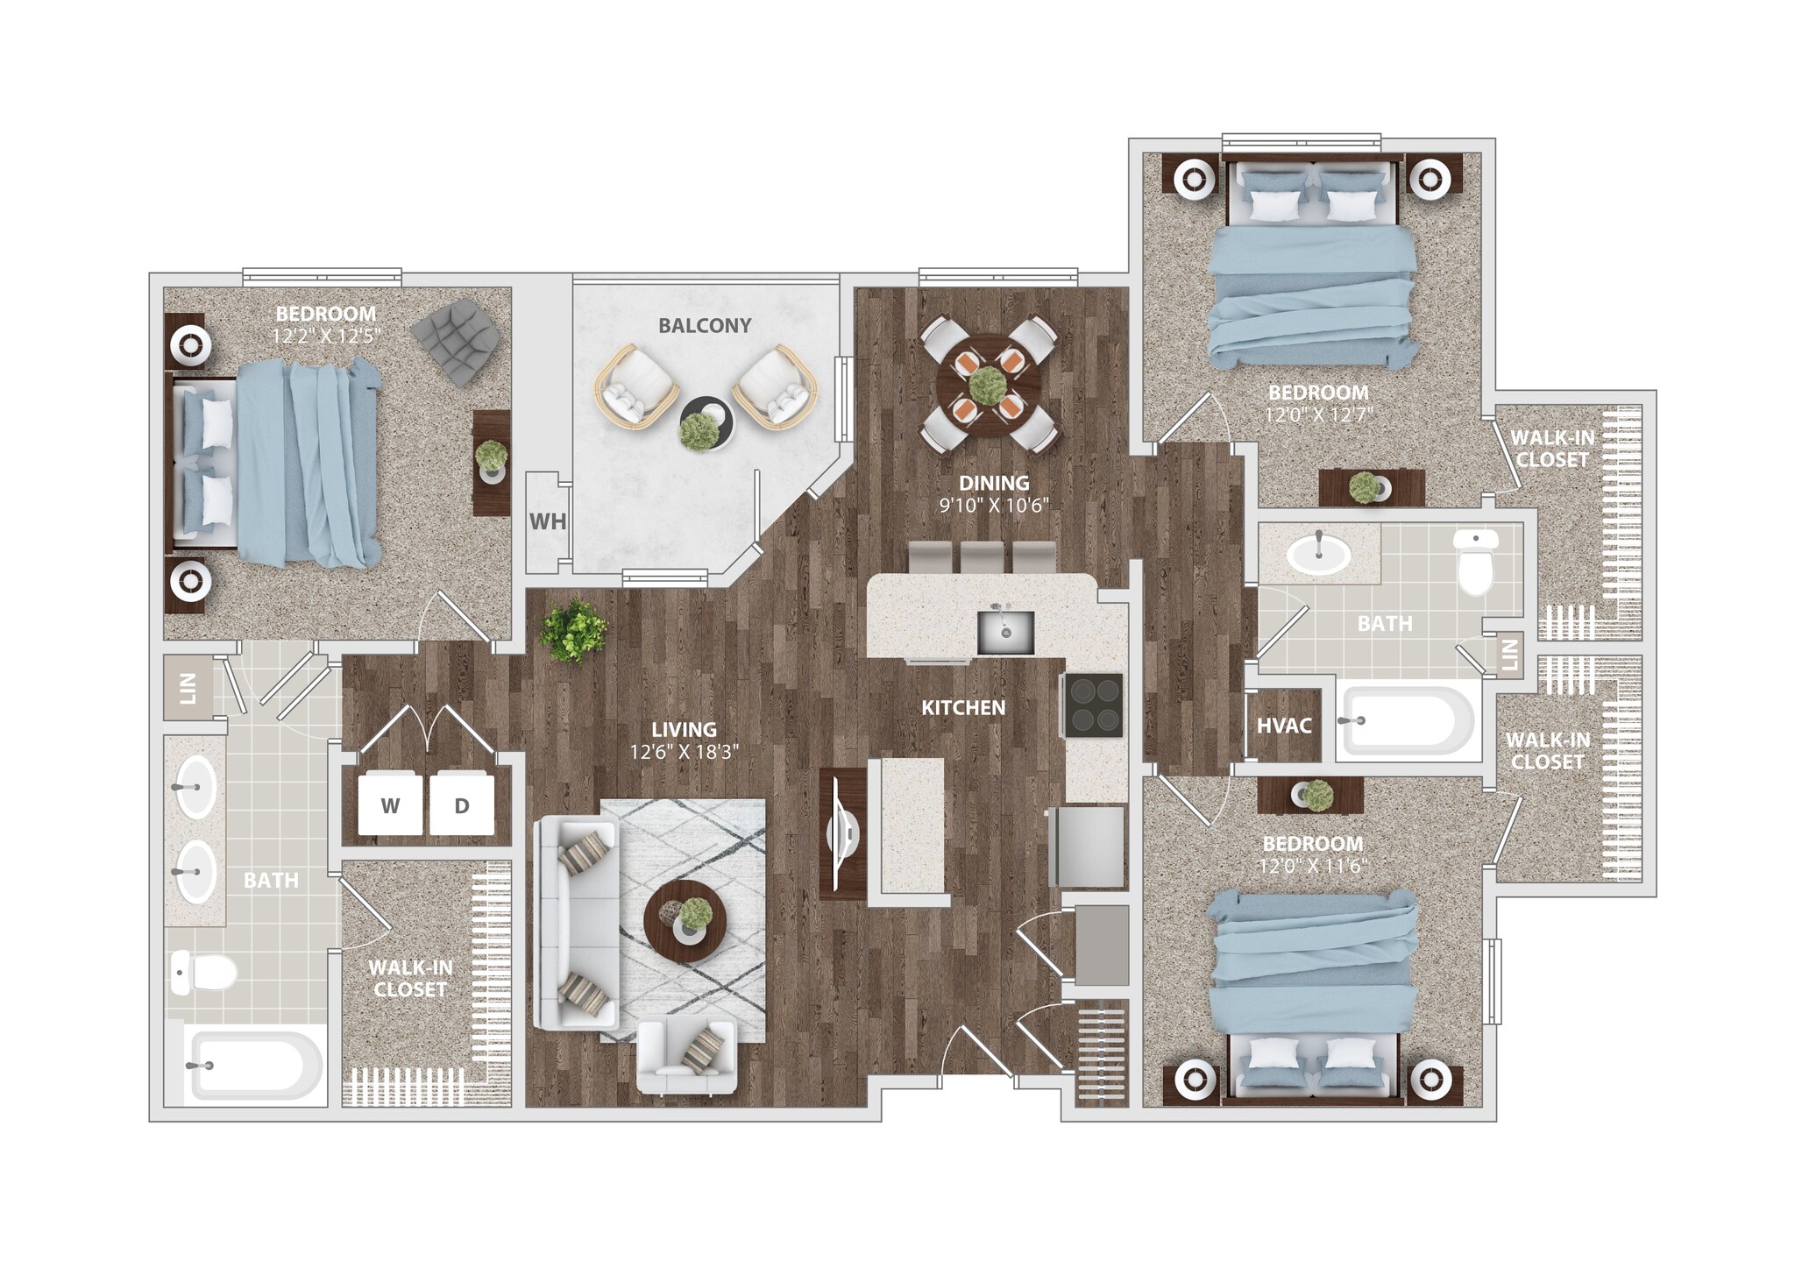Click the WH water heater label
[548, 521]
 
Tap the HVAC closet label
[1284, 726]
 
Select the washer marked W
[391, 804]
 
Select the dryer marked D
[462, 804]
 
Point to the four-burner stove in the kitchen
[1095, 705]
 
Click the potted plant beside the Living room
[574, 629]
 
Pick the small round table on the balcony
[706, 423]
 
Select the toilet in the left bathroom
[204, 972]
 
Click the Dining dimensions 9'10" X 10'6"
[993, 506]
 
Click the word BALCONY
[705, 326]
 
